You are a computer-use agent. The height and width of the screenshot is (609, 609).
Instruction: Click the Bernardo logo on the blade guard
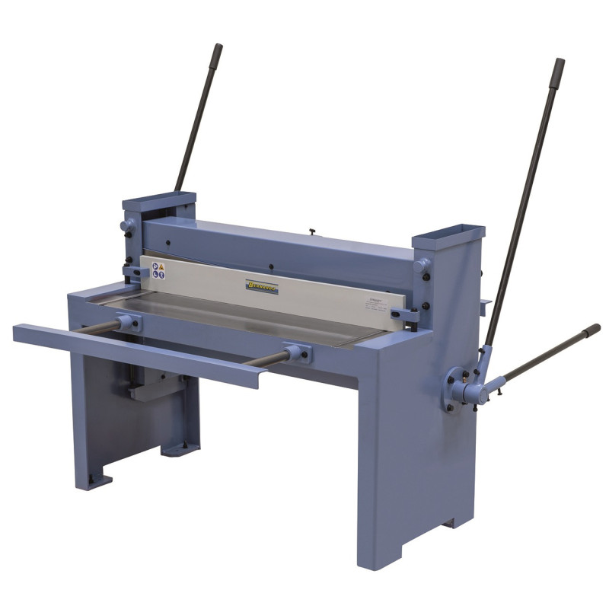point(263,285)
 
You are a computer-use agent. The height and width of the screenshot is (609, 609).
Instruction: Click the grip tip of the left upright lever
point(218,51)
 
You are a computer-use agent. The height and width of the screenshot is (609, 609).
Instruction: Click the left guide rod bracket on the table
point(129,323)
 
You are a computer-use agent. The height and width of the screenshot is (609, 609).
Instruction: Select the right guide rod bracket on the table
point(298,353)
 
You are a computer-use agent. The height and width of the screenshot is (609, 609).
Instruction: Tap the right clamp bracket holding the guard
point(403,314)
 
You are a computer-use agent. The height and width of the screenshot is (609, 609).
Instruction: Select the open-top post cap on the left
point(158,202)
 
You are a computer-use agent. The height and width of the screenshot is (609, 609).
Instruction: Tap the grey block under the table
point(144,390)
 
